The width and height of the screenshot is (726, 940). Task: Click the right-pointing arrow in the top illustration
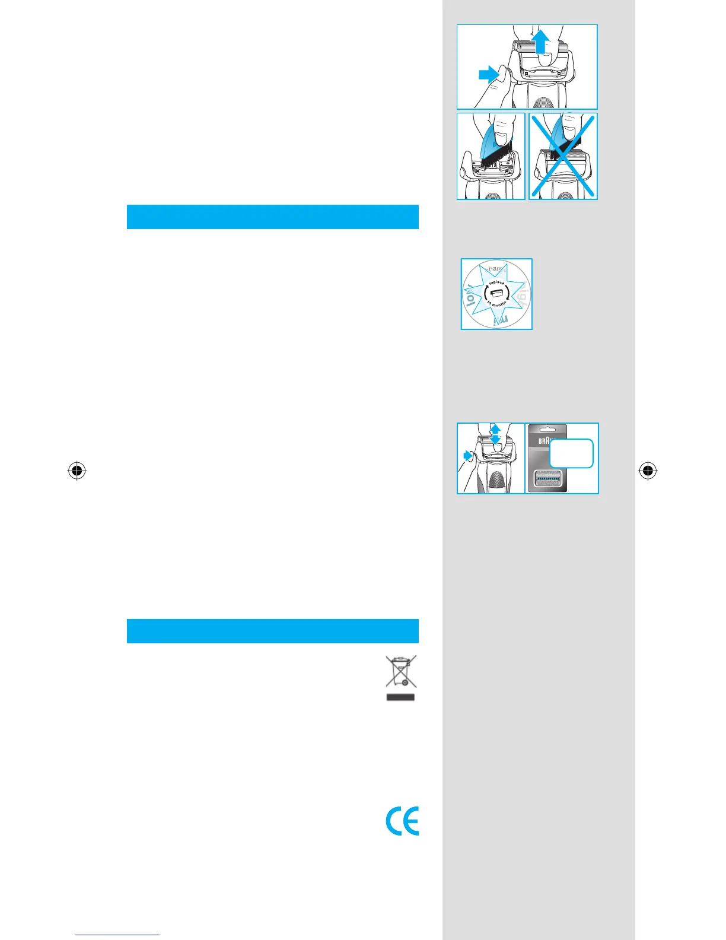pyautogui.click(x=489, y=75)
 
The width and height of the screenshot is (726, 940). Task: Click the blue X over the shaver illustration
pyautogui.click(x=563, y=156)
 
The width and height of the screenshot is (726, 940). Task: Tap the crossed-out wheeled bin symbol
pyautogui.click(x=401, y=671)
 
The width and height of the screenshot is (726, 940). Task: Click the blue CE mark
pyautogui.click(x=402, y=821)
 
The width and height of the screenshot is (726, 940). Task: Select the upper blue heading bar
pyautogui.click(x=272, y=217)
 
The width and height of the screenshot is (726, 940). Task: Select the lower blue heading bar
pyautogui.click(x=272, y=631)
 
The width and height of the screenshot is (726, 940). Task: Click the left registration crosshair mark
pyautogui.click(x=77, y=471)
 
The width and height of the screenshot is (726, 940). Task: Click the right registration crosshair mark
pyautogui.click(x=648, y=471)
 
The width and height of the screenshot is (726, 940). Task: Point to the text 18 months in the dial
pyautogui.click(x=496, y=304)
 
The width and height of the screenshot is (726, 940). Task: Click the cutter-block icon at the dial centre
pyautogui.click(x=496, y=293)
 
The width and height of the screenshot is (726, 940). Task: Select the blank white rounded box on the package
pyautogui.click(x=571, y=453)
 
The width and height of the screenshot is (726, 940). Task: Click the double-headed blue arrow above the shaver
pyautogui.click(x=496, y=434)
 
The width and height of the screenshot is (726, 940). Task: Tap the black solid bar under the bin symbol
pyautogui.click(x=400, y=697)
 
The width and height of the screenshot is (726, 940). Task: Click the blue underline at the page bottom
pyautogui.click(x=117, y=935)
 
